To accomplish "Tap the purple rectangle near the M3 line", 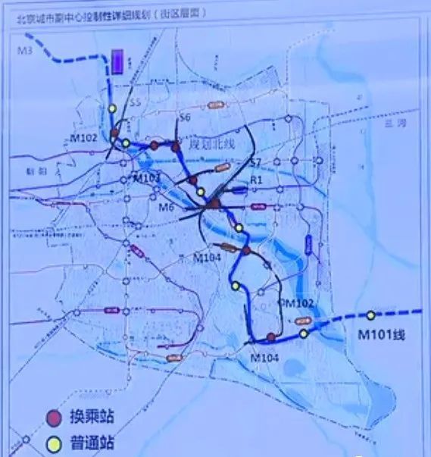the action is pos(117,61).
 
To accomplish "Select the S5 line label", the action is pos(136,103).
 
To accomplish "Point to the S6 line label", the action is pos(184,117).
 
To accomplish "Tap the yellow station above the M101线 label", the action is pos(370,315).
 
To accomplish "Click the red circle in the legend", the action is pos(53,416).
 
